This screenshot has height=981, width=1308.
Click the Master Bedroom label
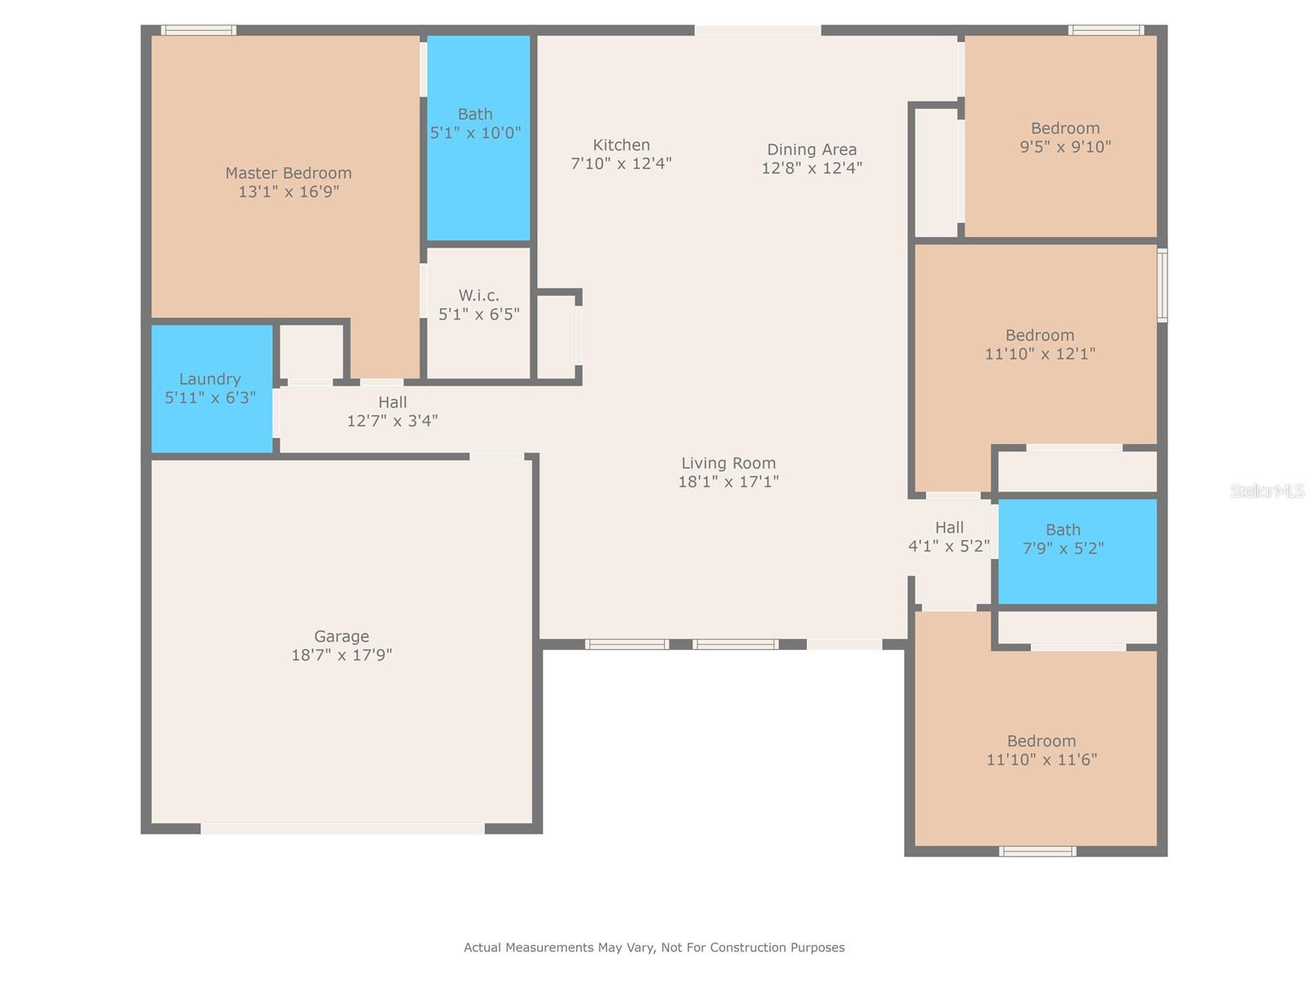[289, 173]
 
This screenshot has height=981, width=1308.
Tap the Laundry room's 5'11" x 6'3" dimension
[210, 398]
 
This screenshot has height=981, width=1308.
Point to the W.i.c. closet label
[479, 295]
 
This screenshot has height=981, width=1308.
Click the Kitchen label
[621, 145]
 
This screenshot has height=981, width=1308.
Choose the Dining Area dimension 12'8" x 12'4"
[812, 168]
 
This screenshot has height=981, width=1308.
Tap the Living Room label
[728, 463]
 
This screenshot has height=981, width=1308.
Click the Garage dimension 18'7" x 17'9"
[342, 655]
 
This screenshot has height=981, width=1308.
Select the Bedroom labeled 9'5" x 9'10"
[1065, 137]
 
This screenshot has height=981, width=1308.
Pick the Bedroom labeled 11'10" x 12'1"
[1040, 344]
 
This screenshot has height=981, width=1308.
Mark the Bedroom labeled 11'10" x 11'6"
[1041, 750]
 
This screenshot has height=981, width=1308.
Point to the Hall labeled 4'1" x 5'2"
[949, 537]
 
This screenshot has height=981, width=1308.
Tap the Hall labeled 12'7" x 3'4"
[392, 411]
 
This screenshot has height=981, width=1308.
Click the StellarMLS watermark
[1266, 490]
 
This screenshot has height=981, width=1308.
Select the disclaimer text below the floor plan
[654, 947]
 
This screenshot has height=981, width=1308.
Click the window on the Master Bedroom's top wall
[199, 30]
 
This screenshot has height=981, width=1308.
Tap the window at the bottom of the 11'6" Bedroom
[1037, 852]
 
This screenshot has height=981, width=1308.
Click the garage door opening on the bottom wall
[343, 828]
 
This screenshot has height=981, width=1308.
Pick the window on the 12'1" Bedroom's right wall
[1162, 285]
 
